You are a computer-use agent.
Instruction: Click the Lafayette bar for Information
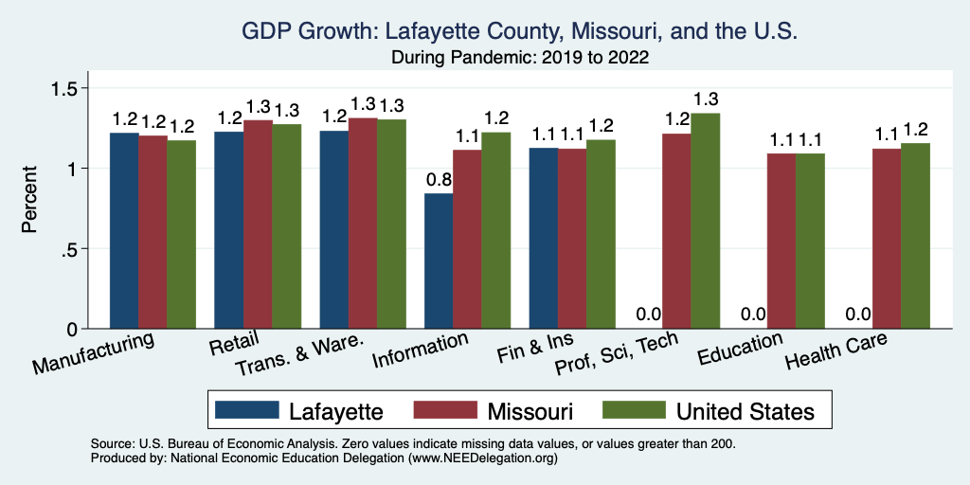click(x=439, y=261)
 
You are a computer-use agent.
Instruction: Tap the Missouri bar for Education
click(x=781, y=242)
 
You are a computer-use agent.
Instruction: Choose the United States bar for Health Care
click(x=915, y=237)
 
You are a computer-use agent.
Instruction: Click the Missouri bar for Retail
click(x=258, y=225)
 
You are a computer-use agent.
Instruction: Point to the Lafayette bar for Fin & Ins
click(x=543, y=239)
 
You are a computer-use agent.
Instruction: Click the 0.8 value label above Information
click(x=439, y=179)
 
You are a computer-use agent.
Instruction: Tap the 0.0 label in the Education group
click(x=752, y=314)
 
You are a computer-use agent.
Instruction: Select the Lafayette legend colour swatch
click(x=247, y=410)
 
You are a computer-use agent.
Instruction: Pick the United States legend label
click(x=745, y=411)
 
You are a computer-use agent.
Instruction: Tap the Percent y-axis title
click(x=30, y=200)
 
